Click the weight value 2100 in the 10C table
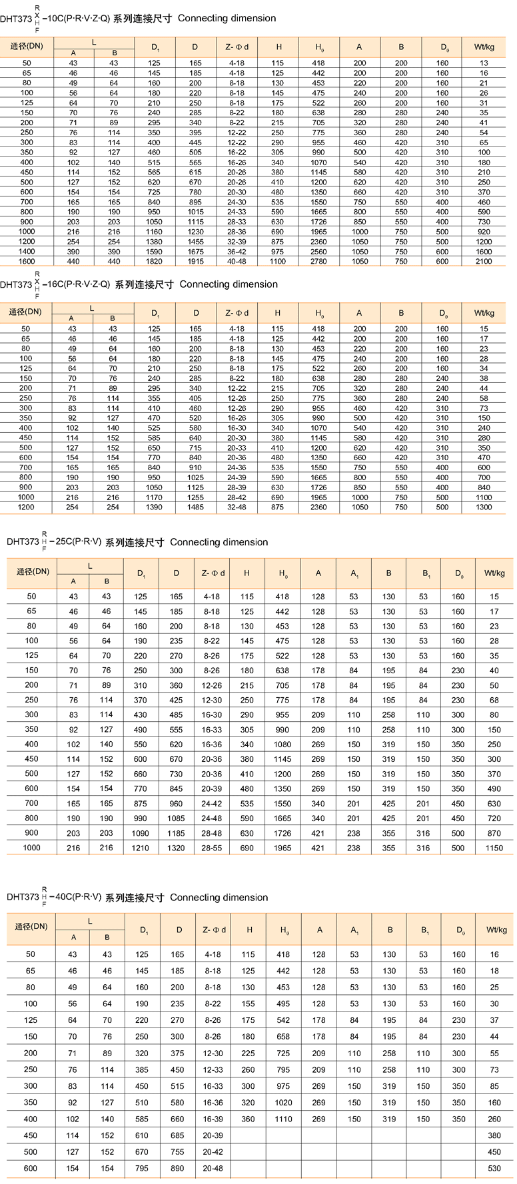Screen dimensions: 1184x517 (x=484, y=262)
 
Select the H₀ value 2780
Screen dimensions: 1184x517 (x=318, y=262)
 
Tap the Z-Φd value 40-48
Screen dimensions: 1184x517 (x=237, y=262)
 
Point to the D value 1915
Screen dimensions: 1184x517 (x=195, y=262)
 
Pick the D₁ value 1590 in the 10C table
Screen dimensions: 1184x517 (x=154, y=252)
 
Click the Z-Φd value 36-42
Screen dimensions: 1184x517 (x=237, y=252)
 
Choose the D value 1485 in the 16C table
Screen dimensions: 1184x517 (x=195, y=507)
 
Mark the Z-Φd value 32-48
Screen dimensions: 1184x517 (x=237, y=507)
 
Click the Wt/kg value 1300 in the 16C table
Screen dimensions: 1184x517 (x=484, y=507)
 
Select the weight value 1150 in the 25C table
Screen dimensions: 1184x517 (x=494, y=848)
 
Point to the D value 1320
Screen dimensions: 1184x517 (x=176, y=848)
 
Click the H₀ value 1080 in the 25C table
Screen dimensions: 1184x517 (x=282, y=744)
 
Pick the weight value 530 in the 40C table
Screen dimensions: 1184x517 (x=494, y=1168)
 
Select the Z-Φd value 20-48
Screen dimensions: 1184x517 (x=213, y=1168)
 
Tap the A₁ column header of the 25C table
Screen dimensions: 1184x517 (x=354, y=573)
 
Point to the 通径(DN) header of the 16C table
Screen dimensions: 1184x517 (x=25, y=312)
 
